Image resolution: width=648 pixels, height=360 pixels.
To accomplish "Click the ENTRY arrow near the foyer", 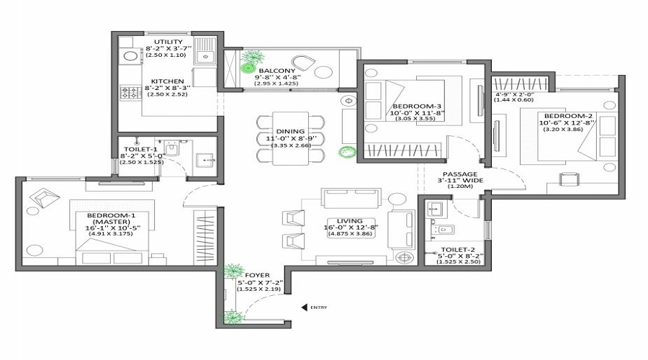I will pos(305,307).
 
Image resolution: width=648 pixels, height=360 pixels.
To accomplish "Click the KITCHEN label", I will pos(167,81).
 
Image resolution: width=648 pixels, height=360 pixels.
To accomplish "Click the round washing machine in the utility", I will pos(131,55).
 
